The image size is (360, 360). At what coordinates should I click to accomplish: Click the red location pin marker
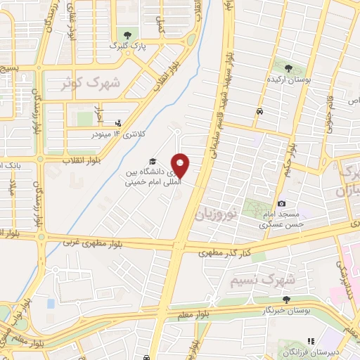(181, 165)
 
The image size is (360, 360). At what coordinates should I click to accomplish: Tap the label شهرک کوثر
(91, 83)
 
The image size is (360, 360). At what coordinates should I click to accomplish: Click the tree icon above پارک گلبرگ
(127, 35)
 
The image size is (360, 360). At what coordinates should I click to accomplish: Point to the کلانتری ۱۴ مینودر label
(117, 133)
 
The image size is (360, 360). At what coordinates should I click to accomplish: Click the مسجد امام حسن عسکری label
(281, 219)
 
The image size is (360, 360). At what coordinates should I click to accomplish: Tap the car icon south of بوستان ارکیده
(259, 112)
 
